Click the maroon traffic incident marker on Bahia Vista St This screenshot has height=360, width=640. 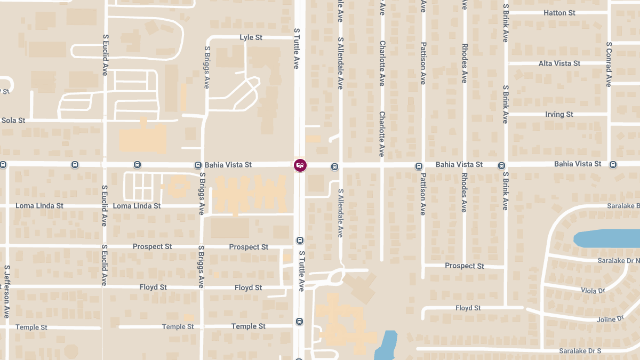pos(300,165)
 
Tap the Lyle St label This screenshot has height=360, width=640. pos(251,37)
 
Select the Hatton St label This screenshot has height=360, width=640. pos(559,13)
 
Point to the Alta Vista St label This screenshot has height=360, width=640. pos(559,63)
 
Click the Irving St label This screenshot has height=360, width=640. pos(559,115)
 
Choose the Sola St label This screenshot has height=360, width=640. pos(13,121)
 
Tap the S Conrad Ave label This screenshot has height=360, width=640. pos(609,65)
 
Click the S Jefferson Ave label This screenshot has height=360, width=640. pos(7,292)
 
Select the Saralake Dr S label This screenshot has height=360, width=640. pos(580,351)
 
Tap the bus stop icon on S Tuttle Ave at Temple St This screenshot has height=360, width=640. pos(300,322)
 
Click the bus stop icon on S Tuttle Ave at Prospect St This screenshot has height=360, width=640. pos(300,241)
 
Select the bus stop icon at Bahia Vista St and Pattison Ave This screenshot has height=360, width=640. pos(419,166)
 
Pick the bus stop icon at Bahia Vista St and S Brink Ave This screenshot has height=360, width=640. pos(501,165)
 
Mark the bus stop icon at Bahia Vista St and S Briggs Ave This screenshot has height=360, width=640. pos(198,165)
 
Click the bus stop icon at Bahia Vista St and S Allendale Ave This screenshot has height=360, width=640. pos(334,166)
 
